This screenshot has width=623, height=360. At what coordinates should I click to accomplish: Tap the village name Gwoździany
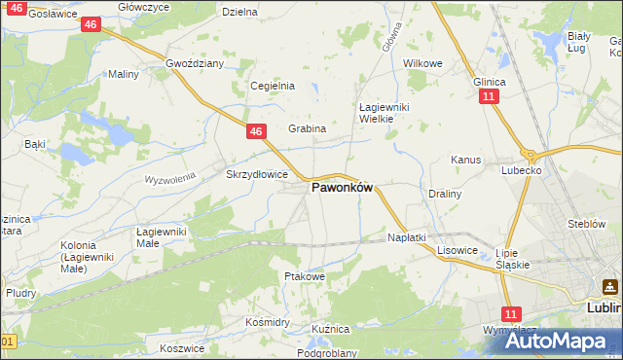point(195,63)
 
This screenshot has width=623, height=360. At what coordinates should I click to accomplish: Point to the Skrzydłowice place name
point(256,175)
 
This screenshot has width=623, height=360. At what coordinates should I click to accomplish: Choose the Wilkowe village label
point(422,63)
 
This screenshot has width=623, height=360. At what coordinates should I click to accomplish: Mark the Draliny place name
point(445,194)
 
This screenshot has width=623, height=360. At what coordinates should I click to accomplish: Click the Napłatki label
point(407,237)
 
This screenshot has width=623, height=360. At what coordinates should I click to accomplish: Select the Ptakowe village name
point(303,276)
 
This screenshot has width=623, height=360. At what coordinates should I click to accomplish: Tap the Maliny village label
point(124,74)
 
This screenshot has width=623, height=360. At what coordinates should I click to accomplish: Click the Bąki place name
point(35,144)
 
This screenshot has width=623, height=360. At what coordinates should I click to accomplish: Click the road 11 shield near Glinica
point(489,96)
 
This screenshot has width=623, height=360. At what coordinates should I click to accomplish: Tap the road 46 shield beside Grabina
point(255,130)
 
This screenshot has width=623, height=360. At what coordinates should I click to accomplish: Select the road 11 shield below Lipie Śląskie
point(512,313)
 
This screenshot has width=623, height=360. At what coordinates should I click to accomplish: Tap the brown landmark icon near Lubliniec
point(609,287)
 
